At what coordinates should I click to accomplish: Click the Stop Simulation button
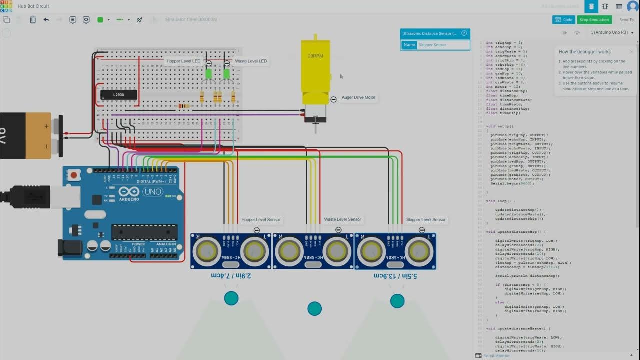tap(594, 20)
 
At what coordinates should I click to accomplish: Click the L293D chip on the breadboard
tap(118, 95)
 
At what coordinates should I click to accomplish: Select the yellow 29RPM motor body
tap(315, 65)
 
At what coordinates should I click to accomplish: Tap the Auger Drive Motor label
tap(358, 98)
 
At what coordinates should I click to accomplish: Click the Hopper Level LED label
tap(183, 61)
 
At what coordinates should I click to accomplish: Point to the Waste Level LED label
tap(251, 61)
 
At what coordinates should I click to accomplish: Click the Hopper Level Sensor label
tap(260, 220)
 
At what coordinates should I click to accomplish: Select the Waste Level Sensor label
tap(342, 220)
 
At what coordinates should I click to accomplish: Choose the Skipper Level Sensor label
tap(426, 220)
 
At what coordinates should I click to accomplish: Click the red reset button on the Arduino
tap(74, 175)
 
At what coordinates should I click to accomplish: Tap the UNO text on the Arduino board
tap(153, 192)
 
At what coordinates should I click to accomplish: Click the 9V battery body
tap(25, 135)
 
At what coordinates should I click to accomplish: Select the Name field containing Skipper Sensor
tap(442, 45)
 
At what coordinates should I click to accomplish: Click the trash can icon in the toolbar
tap(33, 20)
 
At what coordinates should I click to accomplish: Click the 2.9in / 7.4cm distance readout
tap(231, 276)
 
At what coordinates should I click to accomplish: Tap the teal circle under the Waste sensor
tap(314, 309)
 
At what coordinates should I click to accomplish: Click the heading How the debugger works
tap(584, 52)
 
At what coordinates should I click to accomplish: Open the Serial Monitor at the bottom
tap(496, 356)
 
